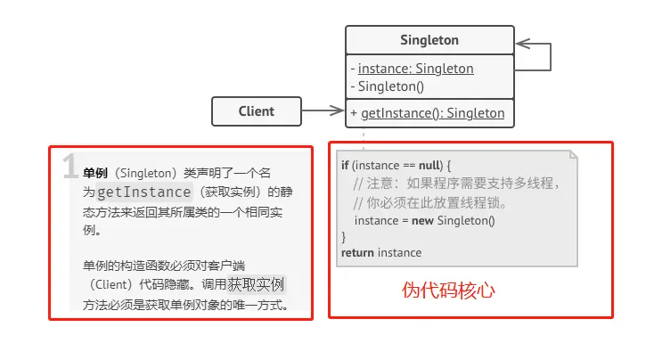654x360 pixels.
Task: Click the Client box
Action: click(x=256, y=111)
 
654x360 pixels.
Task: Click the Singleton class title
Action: click(x=429, y=40)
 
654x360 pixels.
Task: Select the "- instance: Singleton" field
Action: click(x=412, y=69)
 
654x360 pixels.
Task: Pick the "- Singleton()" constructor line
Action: click(x=387, y=86)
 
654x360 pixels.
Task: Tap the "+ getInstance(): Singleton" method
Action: click(x=428, y=113)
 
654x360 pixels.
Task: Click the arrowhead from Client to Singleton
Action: click(x=337, y=110)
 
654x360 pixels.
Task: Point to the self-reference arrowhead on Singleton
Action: click(x=523, y=44)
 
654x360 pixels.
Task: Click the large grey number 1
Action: click(x=69, y=166)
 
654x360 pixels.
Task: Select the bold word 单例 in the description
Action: click(x=95, y=173)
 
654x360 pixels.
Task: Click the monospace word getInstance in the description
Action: click(x=143, y=192)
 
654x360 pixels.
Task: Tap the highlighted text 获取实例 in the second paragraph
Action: click(x=256, y=284)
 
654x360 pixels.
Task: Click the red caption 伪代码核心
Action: click(x=448, y=290)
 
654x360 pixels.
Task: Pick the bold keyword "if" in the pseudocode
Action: click(x=345, y=165)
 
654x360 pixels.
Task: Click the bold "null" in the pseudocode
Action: click(x=429, y=165)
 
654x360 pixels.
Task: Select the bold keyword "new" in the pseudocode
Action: click(x=422, y=221)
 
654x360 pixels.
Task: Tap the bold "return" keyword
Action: click(x=357, y=253)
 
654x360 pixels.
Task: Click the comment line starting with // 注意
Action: click(x=456, y=184)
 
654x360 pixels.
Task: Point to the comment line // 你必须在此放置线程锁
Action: click(x=429, y=203)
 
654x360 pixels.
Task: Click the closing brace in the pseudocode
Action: click(x=343, y=237)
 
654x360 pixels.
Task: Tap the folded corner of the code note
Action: click(x=574, y=155)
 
